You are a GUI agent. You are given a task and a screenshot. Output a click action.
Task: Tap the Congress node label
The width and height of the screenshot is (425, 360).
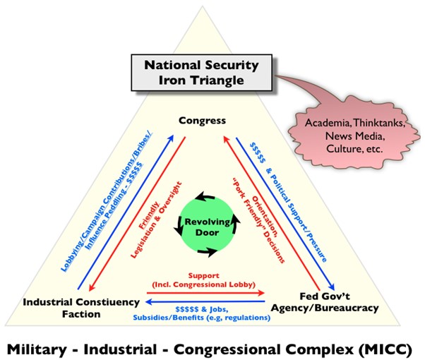click(203, 120)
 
